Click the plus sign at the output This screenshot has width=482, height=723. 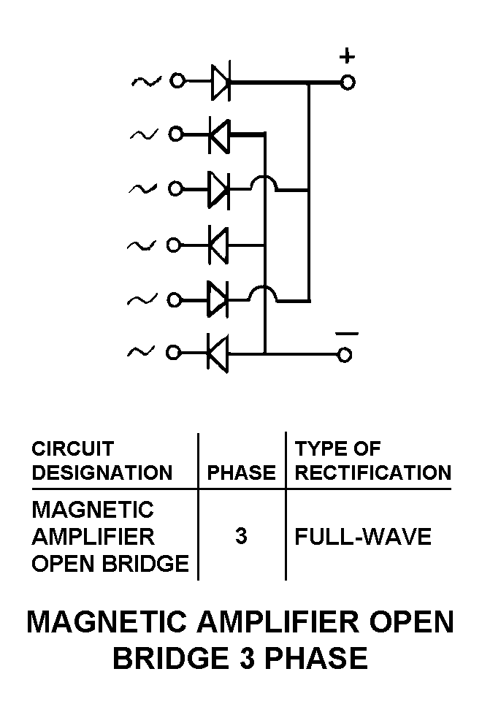click(x=348, y=57)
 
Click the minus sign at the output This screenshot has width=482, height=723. click(x=347, y=334)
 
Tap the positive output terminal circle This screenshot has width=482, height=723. click(x=348, y=82)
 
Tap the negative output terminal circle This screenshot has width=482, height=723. click(x=345, y=355)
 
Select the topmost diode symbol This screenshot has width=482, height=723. click(x=220, y=82)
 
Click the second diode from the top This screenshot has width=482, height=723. click(x=219, y=135)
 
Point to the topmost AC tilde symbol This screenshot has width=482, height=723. click(x=146, y=81)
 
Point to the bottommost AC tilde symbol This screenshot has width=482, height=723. click(x=140, y=353)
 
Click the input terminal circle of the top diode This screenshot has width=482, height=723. click(x=177, y=81)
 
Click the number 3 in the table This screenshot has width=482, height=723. click(x=241, y=537)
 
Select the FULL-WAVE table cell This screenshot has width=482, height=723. click(x=363, y=538)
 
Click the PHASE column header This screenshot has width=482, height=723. click(x=242, y=473)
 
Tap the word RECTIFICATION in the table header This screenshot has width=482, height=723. click(x=372, y=473)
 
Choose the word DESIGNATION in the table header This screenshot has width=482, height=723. click(x=102, y=473)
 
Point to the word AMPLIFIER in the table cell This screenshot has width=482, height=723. click(x=93, y=537)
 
